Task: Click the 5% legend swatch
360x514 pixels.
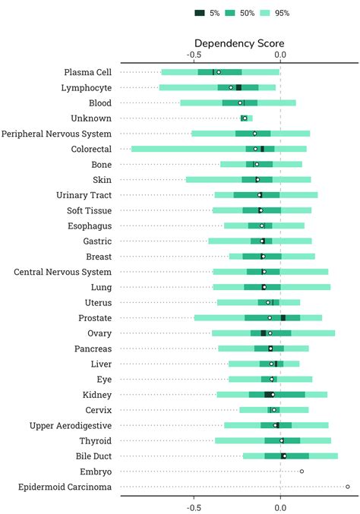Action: tap(201, 13)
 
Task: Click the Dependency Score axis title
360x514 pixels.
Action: tap(237, 43)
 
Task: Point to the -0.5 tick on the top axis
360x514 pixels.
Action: tap(194, 55)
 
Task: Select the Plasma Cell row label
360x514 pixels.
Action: tap(88, 72)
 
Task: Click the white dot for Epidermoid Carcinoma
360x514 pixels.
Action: tap(348, 486)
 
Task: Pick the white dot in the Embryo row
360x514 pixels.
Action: tap(302, 471)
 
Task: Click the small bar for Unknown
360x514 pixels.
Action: tap(245, 118)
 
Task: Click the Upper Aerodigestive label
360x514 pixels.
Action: tap(71, 425)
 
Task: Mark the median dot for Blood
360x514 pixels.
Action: tap(240, 102)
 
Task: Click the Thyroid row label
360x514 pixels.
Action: tap(95, 440)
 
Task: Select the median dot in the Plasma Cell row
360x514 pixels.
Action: tap(219, 72)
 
